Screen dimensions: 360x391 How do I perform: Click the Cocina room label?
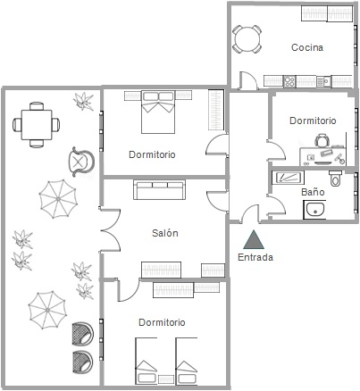[307, 47]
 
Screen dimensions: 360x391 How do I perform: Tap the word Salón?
[165, 233]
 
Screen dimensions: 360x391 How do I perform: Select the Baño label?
[313, 192]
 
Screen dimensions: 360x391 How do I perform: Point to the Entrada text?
[255, 257]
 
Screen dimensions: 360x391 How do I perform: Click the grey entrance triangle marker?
[254, 240]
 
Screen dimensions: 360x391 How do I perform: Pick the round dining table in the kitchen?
[247, 39]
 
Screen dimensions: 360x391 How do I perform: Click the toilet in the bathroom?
[335, 178]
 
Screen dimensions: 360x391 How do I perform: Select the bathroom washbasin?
[314, 210]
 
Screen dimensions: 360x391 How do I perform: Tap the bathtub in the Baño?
[288, 178]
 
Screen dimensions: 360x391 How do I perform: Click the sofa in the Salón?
[159, 189]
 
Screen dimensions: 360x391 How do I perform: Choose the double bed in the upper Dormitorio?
[158, 112]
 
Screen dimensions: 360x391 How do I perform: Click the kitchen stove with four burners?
[289, 81]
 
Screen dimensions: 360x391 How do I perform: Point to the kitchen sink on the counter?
[323, 81]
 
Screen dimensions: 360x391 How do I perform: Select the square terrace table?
[37, 125]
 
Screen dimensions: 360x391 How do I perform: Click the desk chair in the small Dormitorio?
[322, 140]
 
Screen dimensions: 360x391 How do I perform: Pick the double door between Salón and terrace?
[110, 230]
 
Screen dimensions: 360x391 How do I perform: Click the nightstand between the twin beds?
[166, 379]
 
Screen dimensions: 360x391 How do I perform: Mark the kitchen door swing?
[247, 80]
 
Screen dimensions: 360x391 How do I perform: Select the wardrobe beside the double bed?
[216, 110]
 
